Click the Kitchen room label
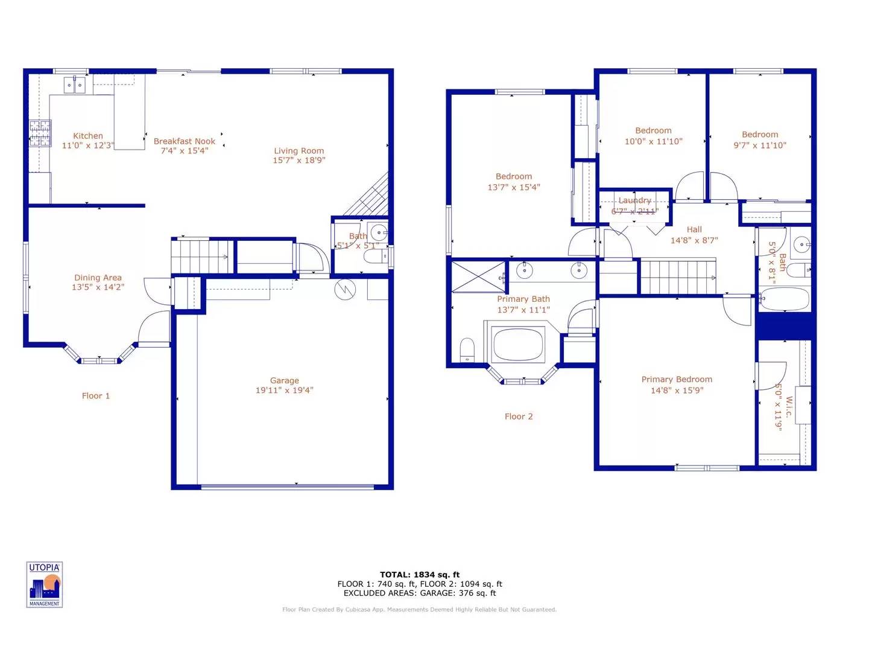click(88, 136)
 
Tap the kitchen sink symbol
click(75, 85)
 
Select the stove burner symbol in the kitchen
click(40, 134)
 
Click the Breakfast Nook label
click(184, 141)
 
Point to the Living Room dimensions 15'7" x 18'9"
click(299, 161)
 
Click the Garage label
click(284, 380)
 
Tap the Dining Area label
click(98, 278)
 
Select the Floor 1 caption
click(96, 396)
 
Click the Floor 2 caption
click(519, 417)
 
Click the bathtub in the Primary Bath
click(519, 344)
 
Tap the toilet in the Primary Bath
click(467, 350)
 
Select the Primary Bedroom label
click(677, 379)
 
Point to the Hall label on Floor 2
click(694, 229)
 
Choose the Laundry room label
click(634, 200)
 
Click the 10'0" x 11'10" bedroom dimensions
click(653, 141)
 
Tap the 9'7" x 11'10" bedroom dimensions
click(760, 145)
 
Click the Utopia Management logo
click(45, 584)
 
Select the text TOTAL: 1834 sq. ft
click(420, 575)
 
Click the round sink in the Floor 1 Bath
click(379, 232)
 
